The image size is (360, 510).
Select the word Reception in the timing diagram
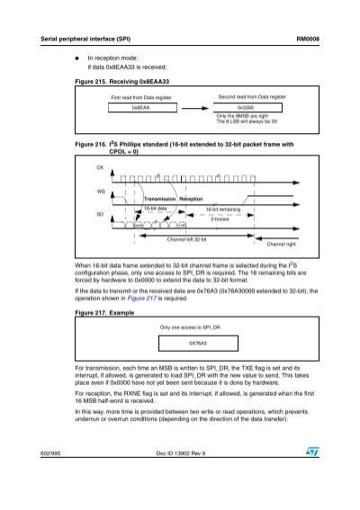click(193, 200)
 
